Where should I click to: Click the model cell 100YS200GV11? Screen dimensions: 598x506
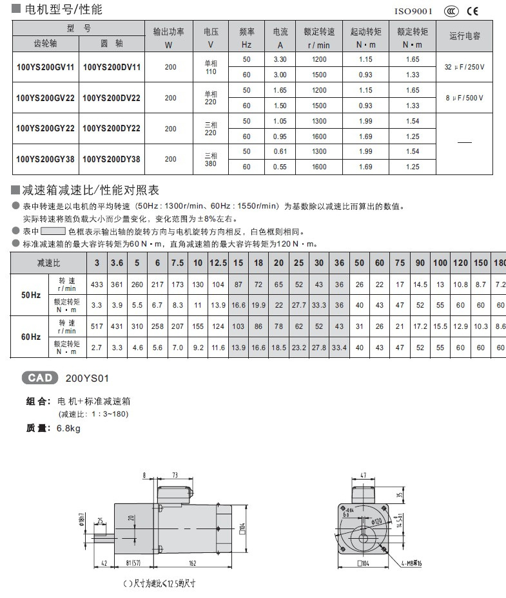45,67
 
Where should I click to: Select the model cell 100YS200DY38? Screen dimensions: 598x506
112,159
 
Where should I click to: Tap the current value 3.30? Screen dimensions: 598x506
280,59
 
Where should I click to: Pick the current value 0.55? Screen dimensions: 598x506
280,167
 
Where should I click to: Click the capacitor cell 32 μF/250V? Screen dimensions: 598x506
464,67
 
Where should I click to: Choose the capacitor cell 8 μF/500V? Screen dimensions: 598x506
464,98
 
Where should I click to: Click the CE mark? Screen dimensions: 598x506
472,11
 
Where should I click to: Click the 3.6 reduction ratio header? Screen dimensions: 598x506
117,263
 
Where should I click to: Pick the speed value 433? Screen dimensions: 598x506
97,285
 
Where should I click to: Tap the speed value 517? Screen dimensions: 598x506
97,327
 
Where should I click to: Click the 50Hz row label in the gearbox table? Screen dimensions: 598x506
30,295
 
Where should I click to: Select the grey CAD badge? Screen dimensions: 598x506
40,378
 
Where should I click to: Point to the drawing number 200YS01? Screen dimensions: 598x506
83,378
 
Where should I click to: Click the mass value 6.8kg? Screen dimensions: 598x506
68,427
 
